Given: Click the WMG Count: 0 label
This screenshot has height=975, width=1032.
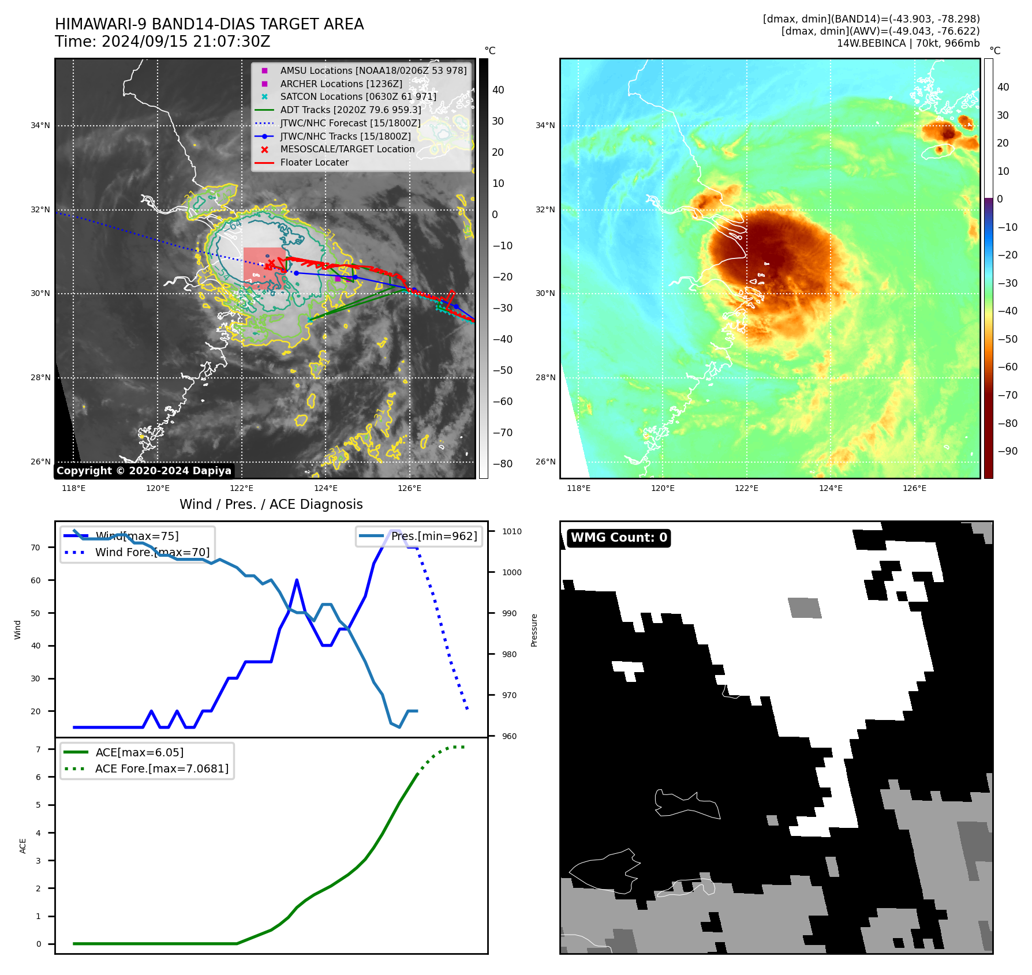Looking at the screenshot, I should pos(619,538).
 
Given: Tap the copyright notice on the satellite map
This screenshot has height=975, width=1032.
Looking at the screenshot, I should pos(144,471).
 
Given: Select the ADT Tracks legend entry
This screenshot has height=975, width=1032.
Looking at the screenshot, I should pos(350,110).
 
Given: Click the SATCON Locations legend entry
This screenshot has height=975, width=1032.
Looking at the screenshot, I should pos(358,97).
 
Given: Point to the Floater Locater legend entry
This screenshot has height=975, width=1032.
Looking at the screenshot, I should pos(314,163).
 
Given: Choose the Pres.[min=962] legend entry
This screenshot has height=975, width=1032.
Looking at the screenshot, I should pos(433,537).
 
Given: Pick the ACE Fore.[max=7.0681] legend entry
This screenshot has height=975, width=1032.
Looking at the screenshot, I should pos(162,769).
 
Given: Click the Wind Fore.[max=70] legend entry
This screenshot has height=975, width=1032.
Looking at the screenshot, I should pos(152,553).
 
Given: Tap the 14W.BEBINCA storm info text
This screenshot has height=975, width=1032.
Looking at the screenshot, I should pos(908,43).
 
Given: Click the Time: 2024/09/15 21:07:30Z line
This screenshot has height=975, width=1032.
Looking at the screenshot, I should pos(163,42).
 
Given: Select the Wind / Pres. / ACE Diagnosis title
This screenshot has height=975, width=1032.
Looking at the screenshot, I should pos(271,504).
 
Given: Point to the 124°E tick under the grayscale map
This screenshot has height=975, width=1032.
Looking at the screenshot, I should pos(326,489).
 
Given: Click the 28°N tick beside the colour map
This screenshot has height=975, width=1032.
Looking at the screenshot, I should pos(545,378).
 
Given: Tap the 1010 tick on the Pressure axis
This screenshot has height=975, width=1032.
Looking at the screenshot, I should pos(512,532).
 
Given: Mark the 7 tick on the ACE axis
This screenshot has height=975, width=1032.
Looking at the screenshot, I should pos(38,749).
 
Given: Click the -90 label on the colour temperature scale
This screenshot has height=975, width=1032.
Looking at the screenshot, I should pos(1007,451).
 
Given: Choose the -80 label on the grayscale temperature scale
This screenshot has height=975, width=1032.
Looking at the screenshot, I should pos(502,464).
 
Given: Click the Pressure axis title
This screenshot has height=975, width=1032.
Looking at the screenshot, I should pos(534,630).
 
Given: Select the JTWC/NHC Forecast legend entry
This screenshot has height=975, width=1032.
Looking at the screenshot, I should pos(350,123).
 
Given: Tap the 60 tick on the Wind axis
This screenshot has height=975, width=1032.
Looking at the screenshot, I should pos(36,580).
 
